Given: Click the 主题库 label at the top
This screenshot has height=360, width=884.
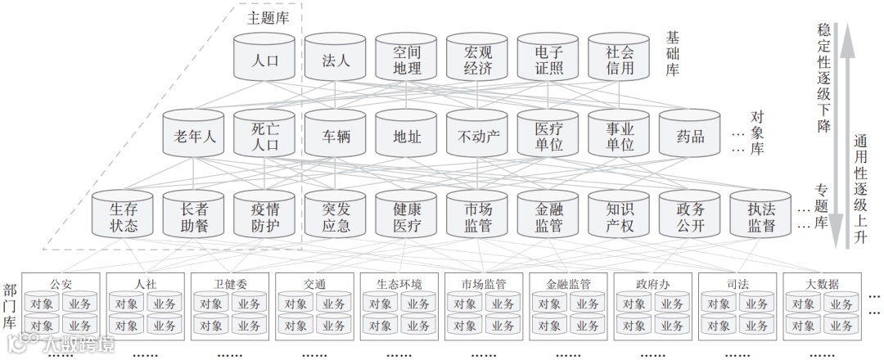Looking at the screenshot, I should pyautogui.click(x=268, y=17).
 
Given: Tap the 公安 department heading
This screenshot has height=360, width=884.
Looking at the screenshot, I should pyautogui.click(x=61, y=284).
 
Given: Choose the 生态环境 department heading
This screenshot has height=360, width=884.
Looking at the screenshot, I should pyautogui.click(x=399, y=284).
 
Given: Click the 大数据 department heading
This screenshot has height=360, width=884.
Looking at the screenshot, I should pyautogui.click(x=821, y=284).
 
